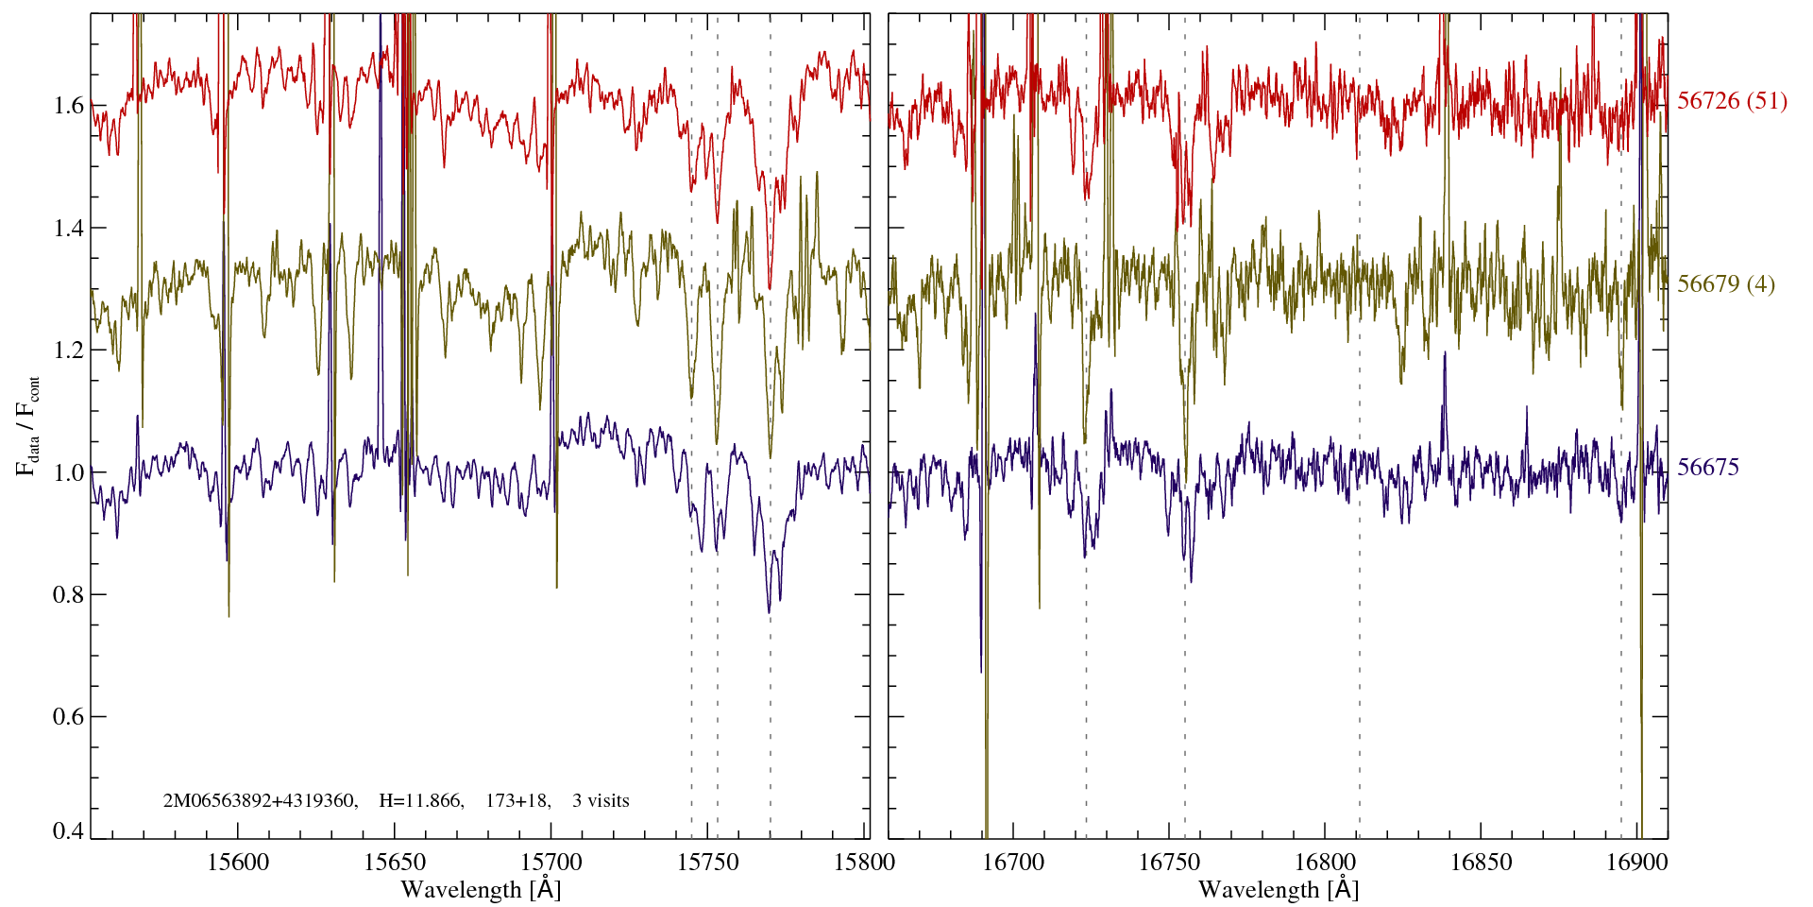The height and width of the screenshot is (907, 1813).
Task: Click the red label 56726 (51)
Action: [x=1732, y=101]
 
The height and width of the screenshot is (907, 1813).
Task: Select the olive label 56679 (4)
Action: [x=1725, y=284]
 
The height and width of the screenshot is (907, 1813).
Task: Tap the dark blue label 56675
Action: [x=1707, y=468]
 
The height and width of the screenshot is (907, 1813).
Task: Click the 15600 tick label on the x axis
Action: [x=238, y=862]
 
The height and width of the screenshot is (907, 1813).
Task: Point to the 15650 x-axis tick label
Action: [x=395, y=862]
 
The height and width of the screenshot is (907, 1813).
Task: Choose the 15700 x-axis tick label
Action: [x=551, y=862]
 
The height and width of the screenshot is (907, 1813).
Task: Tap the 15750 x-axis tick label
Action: [x=708, y=862]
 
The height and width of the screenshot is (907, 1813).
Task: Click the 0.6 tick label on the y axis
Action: [x=68, y=717]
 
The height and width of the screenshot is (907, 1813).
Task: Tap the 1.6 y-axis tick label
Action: [x=68, y=105]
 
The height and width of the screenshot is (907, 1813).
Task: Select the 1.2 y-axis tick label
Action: [x=68, y=350]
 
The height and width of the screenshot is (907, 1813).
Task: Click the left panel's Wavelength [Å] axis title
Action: [x=481, y=890]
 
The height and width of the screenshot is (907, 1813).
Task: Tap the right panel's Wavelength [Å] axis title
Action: [x=1279, y=890]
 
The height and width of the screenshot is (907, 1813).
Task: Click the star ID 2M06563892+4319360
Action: [x=260, y=801]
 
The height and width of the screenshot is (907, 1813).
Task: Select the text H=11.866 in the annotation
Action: [x=420, y=801]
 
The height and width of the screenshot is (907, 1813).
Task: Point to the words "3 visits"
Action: [x=601, y=801]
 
